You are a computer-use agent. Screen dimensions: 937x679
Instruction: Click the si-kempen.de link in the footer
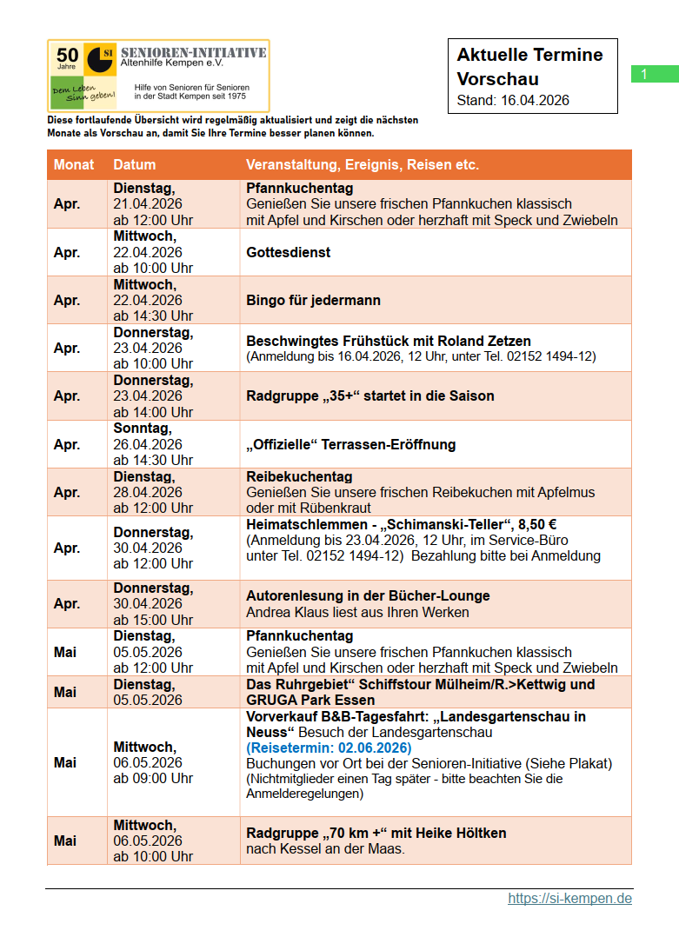(569, 898)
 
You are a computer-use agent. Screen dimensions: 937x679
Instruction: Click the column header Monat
(74, 164)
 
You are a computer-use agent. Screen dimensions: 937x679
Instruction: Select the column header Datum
(135, 164)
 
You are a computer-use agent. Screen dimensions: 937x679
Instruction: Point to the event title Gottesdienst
(288, 252)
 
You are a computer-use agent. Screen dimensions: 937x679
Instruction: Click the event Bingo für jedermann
(314, 300)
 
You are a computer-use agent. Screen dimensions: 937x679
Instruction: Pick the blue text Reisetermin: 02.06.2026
(329, 748)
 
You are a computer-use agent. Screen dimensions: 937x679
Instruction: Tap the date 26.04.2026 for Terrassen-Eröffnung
(148, 444)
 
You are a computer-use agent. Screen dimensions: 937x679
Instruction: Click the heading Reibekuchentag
(299, 476)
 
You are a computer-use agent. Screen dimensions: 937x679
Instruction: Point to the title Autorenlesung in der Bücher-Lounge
(368, 595)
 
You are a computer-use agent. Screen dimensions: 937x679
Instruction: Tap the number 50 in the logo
(67, 54)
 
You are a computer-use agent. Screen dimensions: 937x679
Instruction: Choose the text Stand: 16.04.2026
(513, 100)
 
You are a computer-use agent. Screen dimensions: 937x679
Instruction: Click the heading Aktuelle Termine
(529, 55)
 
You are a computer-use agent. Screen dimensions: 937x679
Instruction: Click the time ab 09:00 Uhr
(153, 778)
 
